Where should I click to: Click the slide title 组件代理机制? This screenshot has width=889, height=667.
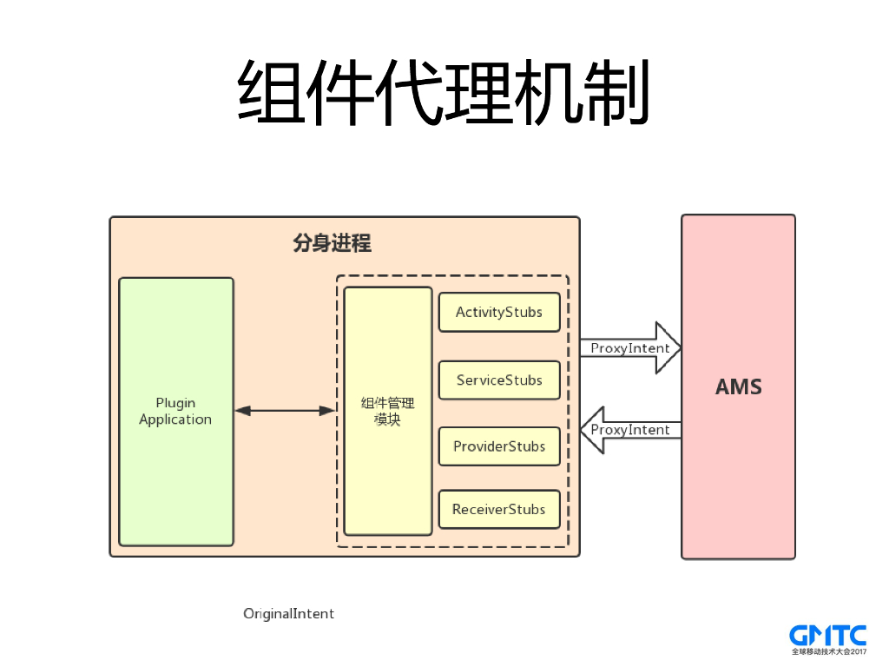(x=444, y=94)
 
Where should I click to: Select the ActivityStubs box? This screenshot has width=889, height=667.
(x=499, y=313)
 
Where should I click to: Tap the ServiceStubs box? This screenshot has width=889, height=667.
(x=499, y=380)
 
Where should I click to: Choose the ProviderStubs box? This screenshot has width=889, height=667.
(x=499, y=446)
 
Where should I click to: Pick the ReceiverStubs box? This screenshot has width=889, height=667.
(x=499, y=509)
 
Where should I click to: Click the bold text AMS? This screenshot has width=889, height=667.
(x=738, y=387)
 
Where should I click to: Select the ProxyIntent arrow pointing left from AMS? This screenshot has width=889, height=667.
(x=629, y=430)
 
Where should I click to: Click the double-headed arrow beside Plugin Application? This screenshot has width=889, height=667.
(x=285, y=410)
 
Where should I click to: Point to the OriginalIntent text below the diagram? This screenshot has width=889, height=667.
(x=288, y=613)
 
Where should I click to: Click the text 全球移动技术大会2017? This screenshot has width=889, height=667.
(x=828, y=651)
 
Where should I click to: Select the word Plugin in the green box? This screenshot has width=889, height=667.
(x=175, y=403)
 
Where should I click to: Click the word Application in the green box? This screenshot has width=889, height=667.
(x=175, y=419)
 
